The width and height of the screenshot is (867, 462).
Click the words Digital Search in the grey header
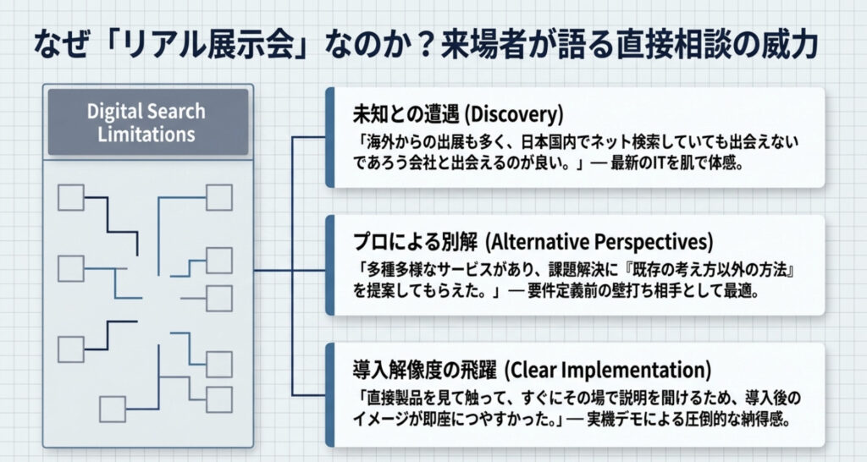click(146, 112)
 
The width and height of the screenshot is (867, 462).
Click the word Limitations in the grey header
click(146, 134)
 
